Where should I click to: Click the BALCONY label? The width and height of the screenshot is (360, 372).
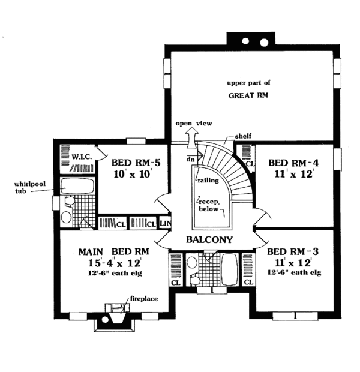(x=209, y=239)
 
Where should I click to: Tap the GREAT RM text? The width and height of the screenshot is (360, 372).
(x=248, y=95)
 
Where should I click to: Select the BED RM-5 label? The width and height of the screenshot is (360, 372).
(x=136, y=163)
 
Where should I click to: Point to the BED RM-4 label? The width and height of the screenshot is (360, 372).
(x=293, y=163)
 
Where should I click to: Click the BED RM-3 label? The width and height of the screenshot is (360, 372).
(x=293, y=251)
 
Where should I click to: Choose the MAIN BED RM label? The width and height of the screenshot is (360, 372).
(x=114, y=251)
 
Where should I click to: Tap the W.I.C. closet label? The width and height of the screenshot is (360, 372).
(x=82, y=157)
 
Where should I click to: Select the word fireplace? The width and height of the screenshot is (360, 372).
(x=144, y=298)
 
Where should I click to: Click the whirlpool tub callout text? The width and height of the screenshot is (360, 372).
(x=29, y=187)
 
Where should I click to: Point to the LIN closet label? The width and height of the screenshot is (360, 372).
(x=165, y=223)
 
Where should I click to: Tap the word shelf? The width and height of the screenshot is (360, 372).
(x=243, y=136)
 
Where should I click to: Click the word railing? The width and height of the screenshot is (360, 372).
(x=208, y=181)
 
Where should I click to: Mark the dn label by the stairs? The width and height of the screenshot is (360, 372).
(x=190, y=160)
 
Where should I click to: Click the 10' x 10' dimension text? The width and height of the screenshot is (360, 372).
(x=133, y=175)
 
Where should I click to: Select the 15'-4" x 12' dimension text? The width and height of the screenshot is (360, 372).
(x=115, y=263)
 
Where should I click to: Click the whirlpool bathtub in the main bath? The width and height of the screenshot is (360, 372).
(x=77, y=186)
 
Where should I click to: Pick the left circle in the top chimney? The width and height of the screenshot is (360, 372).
(x=245, y=41)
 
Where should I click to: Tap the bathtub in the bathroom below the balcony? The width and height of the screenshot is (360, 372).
(x=230, y=269)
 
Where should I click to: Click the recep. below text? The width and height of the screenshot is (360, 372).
(x=209, y=205)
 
